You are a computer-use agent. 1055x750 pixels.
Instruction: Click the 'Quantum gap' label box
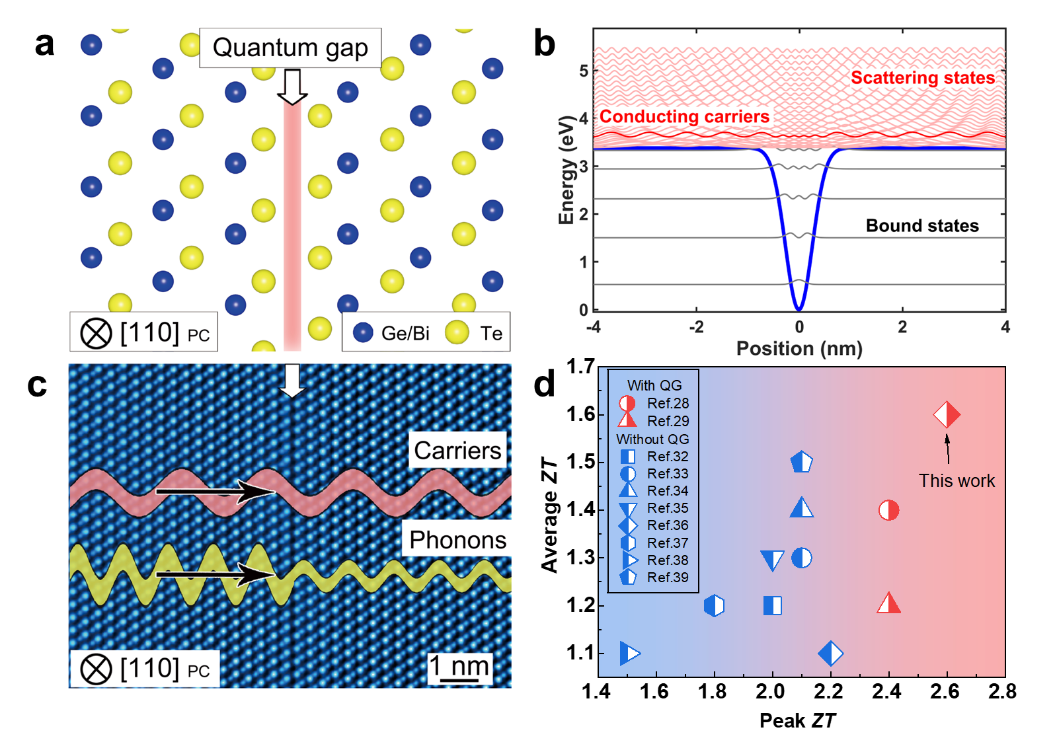(x=290, y=48)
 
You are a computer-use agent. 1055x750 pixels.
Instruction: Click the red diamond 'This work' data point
(x=947, y=415)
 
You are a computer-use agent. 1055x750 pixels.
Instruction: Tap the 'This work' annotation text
(x=957, y=481)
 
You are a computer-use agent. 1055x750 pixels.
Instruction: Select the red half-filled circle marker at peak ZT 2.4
(x=888, y=510)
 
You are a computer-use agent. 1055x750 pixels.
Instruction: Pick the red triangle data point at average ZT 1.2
(x=888, y=604)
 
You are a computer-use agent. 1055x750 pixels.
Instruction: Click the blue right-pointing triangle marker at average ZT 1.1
(x=630, y=654)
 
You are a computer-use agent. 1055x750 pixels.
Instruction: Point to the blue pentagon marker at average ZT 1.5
(x=801, y=462)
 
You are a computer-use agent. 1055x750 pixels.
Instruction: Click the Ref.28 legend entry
(x=654, y=403)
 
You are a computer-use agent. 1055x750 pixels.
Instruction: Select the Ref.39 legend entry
(x=654, y=578)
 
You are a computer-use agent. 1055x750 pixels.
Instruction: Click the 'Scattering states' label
(x=922, y=78)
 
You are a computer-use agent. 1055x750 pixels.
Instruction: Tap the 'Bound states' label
(x=922, y=226)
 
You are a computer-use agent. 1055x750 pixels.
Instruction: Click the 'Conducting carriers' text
(x=684, y=117)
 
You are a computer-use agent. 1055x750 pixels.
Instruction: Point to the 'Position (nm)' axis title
(x=799, y=348)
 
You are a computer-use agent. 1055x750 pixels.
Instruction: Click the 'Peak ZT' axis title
(x=797, y=720)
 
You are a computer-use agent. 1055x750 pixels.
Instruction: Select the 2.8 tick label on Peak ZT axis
(x=1002, y=692)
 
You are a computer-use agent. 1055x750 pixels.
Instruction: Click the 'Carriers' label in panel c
(x=457, y=451)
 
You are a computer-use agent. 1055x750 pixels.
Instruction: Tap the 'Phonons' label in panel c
(x=457, y=540)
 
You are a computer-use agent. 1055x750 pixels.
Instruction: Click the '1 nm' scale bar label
(x=460, y=666)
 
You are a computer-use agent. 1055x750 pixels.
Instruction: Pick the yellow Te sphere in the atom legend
(x=457, y=332)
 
